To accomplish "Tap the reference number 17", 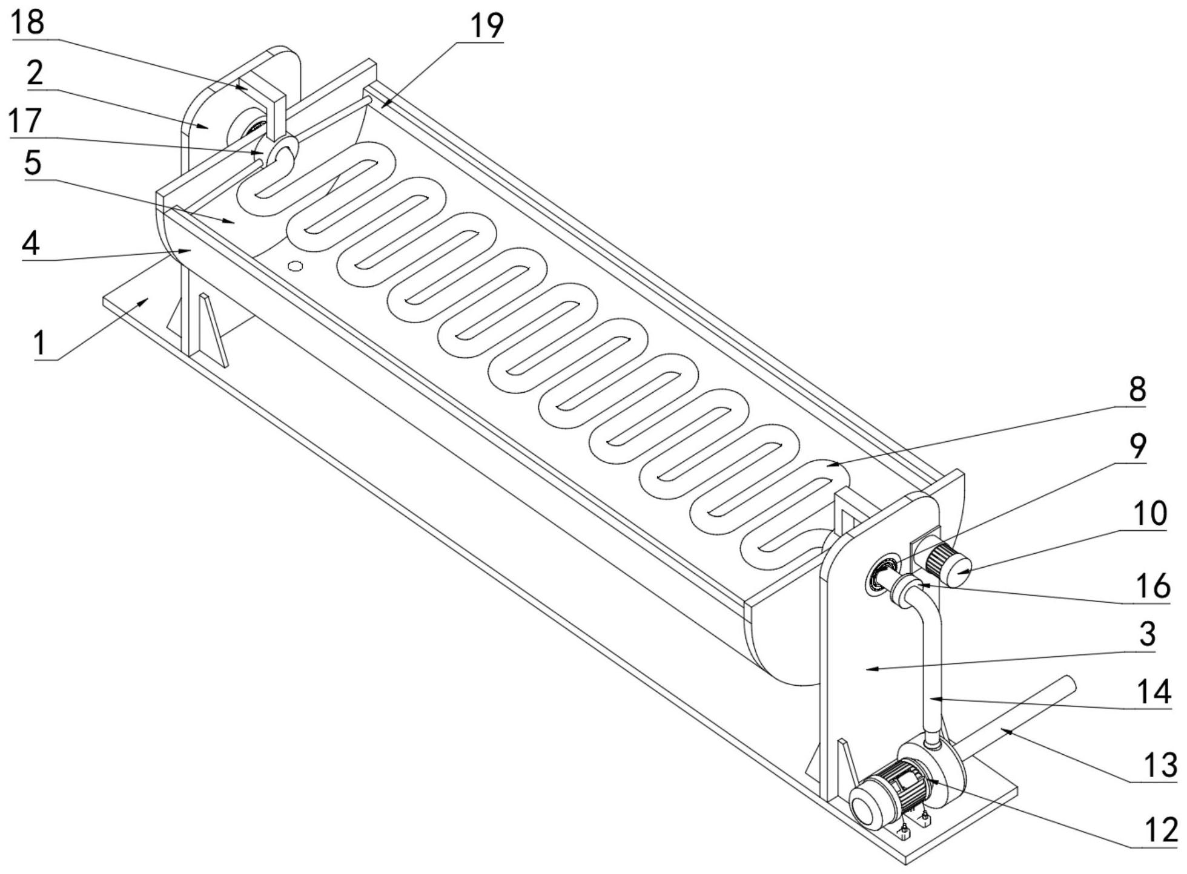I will pyautogui.click(x=25, y=120).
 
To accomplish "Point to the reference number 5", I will pyautogui.click(x=33, y=162).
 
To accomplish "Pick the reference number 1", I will pyautogui.click(x=40, y=342).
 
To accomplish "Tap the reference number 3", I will pyautogui.click(x=1147, y=634).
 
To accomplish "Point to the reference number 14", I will pyautogui.click(x=1154, y=691).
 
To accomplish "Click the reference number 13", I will pyautogui.click(x=1159, y=764).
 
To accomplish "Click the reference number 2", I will pyautogui.click(x=35, y=73).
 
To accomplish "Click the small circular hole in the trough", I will pyautogui.click(x=295, y=266).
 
